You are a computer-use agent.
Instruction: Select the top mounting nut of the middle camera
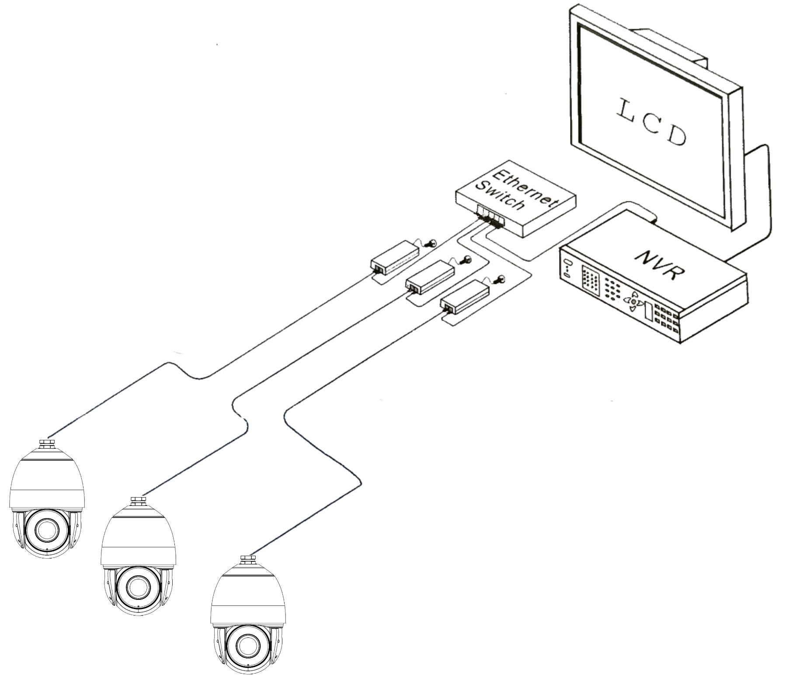click(x=138, y=501)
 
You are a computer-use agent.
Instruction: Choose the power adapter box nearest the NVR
click(x=465, y=297)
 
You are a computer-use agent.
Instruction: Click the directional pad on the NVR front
click(x=633, y=301)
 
